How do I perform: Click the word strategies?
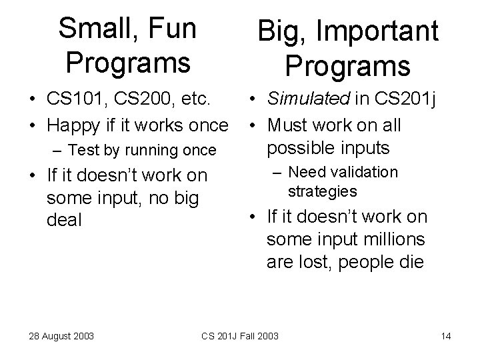(322, 192)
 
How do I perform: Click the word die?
(411, 261)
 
